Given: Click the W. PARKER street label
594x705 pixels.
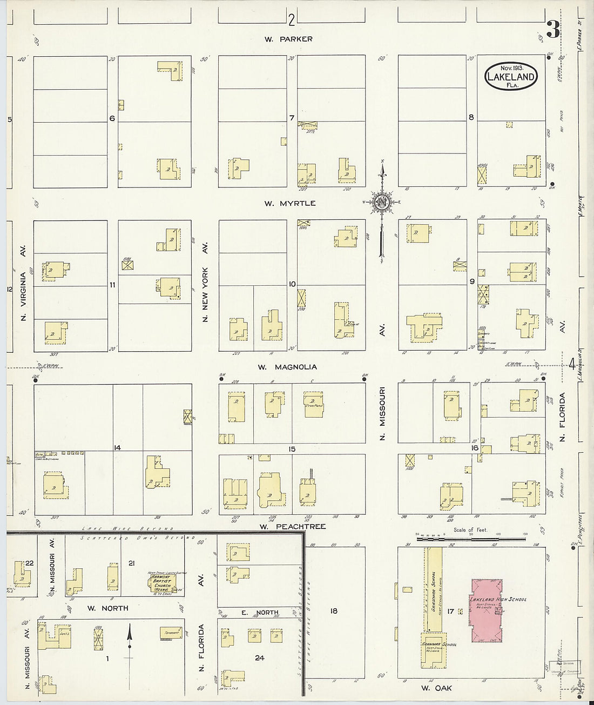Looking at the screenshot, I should [288, 39].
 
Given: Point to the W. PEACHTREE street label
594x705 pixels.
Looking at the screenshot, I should [292, 526].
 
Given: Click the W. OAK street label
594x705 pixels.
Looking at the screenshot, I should [436, 688].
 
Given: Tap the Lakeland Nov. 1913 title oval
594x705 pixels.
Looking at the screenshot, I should [511, 76].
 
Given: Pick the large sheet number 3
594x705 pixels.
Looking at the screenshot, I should [552, 29].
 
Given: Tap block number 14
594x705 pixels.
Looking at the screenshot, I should [117, 448].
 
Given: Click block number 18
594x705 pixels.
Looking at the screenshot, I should [334, 610].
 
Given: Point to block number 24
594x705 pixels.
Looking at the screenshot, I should [260, 658].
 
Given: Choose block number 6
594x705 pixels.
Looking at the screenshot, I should [112, 118].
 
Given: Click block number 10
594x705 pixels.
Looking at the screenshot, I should [292, 284].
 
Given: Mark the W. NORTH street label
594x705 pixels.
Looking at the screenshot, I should [108, 608].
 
